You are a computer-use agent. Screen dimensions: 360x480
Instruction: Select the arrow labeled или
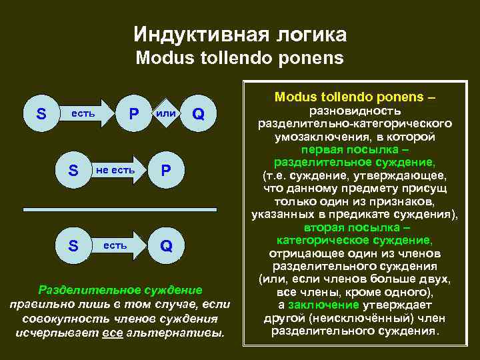pos(166,114)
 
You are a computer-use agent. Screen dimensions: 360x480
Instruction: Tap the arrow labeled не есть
pos(119,171)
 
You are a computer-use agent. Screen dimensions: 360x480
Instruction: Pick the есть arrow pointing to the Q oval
pos(118,246)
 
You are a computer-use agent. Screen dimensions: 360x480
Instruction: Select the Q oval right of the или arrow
pos(197,114)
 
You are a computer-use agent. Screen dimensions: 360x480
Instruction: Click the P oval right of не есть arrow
pos(166,171)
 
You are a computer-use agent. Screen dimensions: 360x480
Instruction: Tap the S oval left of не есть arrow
pos(73,171)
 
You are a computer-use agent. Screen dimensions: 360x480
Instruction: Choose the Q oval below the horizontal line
pos(166,246)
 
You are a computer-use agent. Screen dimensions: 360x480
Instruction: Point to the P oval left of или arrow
pos(134,114)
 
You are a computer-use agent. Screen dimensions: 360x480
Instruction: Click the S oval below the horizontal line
pos(73,246)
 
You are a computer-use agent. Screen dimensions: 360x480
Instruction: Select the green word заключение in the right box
pos(315,305)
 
